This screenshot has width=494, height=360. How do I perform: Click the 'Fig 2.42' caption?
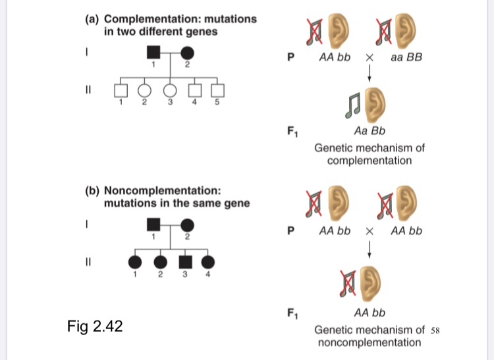(95, 325)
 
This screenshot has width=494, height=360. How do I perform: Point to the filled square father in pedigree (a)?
(153, 52)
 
